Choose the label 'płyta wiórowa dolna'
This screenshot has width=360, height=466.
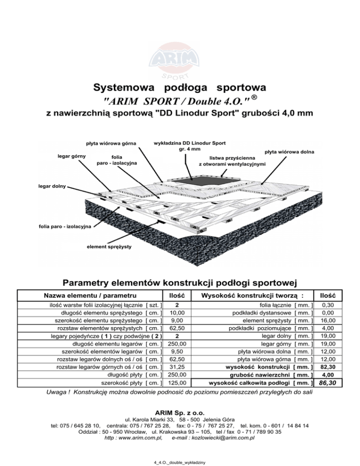[x=289, y=152]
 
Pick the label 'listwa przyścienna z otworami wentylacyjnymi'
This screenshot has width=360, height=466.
[x=232, y=162]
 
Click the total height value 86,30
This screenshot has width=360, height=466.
[x=330, y=383]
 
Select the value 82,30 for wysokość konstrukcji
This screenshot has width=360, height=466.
[x=330, y=367]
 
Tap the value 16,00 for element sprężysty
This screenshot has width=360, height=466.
[x=330, y=320]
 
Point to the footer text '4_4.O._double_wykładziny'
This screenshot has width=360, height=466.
[x=180, y=461]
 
